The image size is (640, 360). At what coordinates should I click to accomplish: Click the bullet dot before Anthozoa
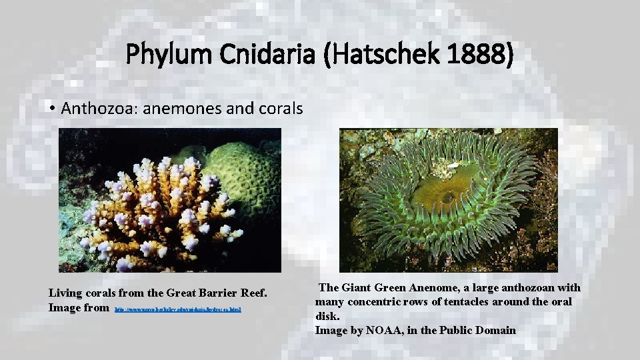click(51, 108)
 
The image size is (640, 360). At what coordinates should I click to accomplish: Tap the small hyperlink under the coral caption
click(178, 309)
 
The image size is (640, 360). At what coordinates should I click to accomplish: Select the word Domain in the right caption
click(496, 330)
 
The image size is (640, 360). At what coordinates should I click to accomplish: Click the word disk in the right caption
click(327, 316)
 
